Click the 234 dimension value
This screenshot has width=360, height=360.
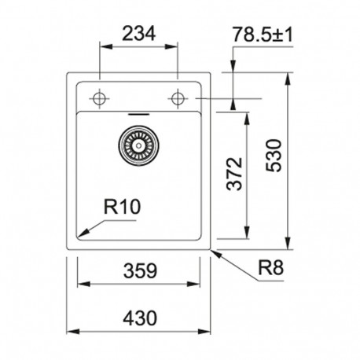[x=139, y=33]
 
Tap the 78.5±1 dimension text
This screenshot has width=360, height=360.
[x=263, y=35]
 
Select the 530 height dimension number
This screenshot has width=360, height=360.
[x=274, y=156]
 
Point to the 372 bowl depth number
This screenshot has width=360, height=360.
[x=234, y=174]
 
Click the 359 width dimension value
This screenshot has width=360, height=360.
[x=140, y=271]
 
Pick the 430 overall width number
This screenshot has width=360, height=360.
[x=140, y=318]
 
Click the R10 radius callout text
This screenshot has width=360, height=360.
[x=122, y=207]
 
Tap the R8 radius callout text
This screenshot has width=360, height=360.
[x=270, y=268]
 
